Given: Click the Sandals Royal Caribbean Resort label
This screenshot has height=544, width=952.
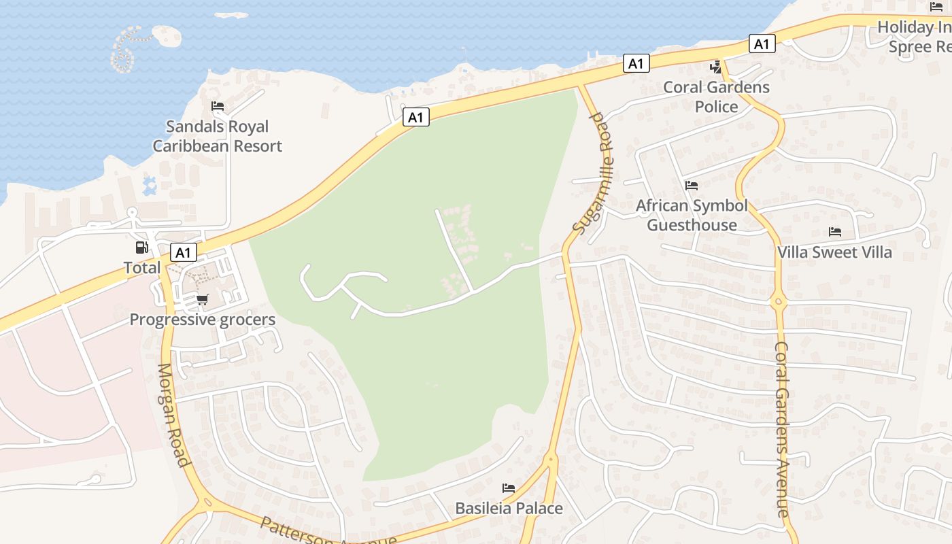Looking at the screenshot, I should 217,136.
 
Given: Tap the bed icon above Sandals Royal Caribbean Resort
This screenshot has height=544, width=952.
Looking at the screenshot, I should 218,106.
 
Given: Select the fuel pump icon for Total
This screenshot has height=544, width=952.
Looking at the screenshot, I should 141,248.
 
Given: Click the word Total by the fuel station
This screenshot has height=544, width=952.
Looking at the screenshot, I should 142,267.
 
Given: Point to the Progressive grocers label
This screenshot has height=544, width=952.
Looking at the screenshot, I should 202,320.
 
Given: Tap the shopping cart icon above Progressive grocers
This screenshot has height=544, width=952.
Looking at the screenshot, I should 202,299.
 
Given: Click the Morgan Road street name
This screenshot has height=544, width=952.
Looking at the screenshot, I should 173,415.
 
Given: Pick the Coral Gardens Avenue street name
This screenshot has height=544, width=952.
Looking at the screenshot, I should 783,428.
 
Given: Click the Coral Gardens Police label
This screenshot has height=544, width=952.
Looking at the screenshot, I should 716,97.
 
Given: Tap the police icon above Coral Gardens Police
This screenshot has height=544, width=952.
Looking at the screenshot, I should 715,67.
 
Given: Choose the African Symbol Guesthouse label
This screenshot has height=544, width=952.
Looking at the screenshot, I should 692,215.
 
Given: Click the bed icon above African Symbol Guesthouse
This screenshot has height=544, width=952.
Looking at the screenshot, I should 692,185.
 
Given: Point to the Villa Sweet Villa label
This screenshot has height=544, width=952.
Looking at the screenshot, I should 834,252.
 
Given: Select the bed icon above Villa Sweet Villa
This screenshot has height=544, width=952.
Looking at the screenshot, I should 835,232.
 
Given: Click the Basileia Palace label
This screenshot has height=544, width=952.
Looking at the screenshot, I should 509,508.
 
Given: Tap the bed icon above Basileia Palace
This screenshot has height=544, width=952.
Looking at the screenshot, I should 508,488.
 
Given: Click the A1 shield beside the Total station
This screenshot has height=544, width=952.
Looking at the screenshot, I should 183,253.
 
